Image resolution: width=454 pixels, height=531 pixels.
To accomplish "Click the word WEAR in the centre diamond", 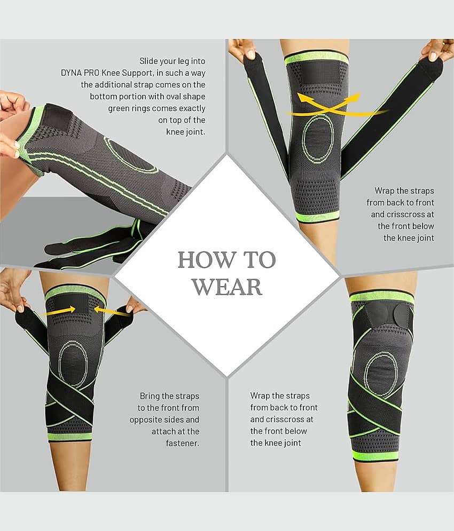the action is [227, 287].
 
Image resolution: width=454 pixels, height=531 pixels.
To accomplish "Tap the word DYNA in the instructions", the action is [70, 73].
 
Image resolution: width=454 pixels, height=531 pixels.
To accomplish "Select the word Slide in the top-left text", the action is [148, 61].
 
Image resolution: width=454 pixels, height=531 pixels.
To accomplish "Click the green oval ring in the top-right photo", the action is [304, 139].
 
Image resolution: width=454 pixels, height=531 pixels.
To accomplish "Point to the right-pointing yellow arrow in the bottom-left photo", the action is [61, 310].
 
